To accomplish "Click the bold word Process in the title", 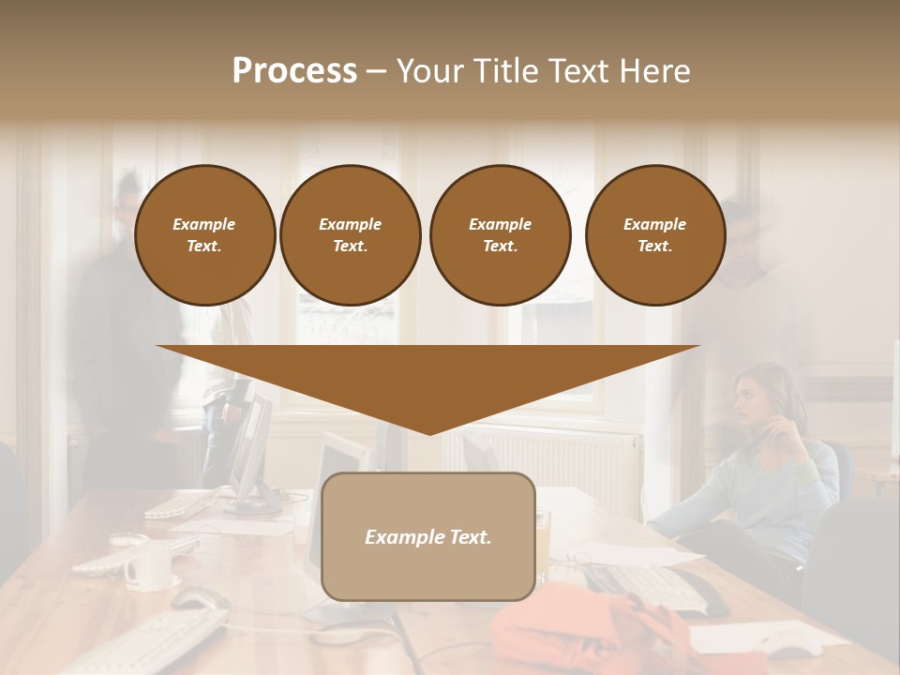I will pyautogui.click(x=294, y=71).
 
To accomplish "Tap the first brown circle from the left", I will pyautogui.click(x=204, y=235).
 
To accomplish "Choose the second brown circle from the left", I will pyautogui.click(x=350, y=235).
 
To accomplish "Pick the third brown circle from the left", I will pyautogui.click(x=500, y=235).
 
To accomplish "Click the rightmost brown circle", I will pyautogui.click(x=654, y=235).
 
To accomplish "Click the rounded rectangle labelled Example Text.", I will pyautogui.click(x=427, y=537).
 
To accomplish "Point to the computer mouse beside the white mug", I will pyautogui.click(x=198, y=597).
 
